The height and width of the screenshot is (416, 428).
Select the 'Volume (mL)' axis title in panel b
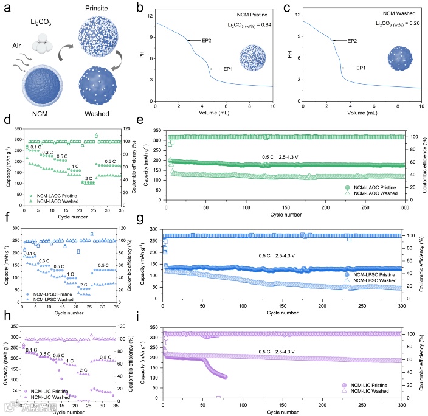[215, 114]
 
